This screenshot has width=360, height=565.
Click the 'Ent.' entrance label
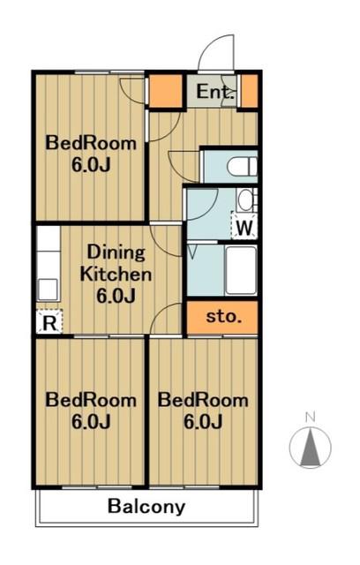215,92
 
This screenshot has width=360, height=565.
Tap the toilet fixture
242,167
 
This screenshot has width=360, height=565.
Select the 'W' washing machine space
244,226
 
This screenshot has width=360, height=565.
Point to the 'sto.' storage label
223,317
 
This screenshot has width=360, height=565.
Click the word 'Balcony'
146,506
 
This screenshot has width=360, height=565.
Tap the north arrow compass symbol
311,448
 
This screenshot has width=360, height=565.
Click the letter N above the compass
310,418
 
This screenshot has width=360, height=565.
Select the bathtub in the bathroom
241,270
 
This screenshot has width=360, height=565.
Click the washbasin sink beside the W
246,200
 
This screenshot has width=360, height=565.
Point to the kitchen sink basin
48,290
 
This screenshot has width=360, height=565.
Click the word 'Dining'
116,253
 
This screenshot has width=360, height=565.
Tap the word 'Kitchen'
116,275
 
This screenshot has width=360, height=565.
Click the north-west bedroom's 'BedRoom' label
91,143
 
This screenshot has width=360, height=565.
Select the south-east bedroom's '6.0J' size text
203,422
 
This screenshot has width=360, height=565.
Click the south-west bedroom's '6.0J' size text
90,422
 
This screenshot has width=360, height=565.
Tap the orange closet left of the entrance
166,91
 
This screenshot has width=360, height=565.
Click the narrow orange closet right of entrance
249,91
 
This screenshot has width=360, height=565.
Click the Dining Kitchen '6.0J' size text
116,297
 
